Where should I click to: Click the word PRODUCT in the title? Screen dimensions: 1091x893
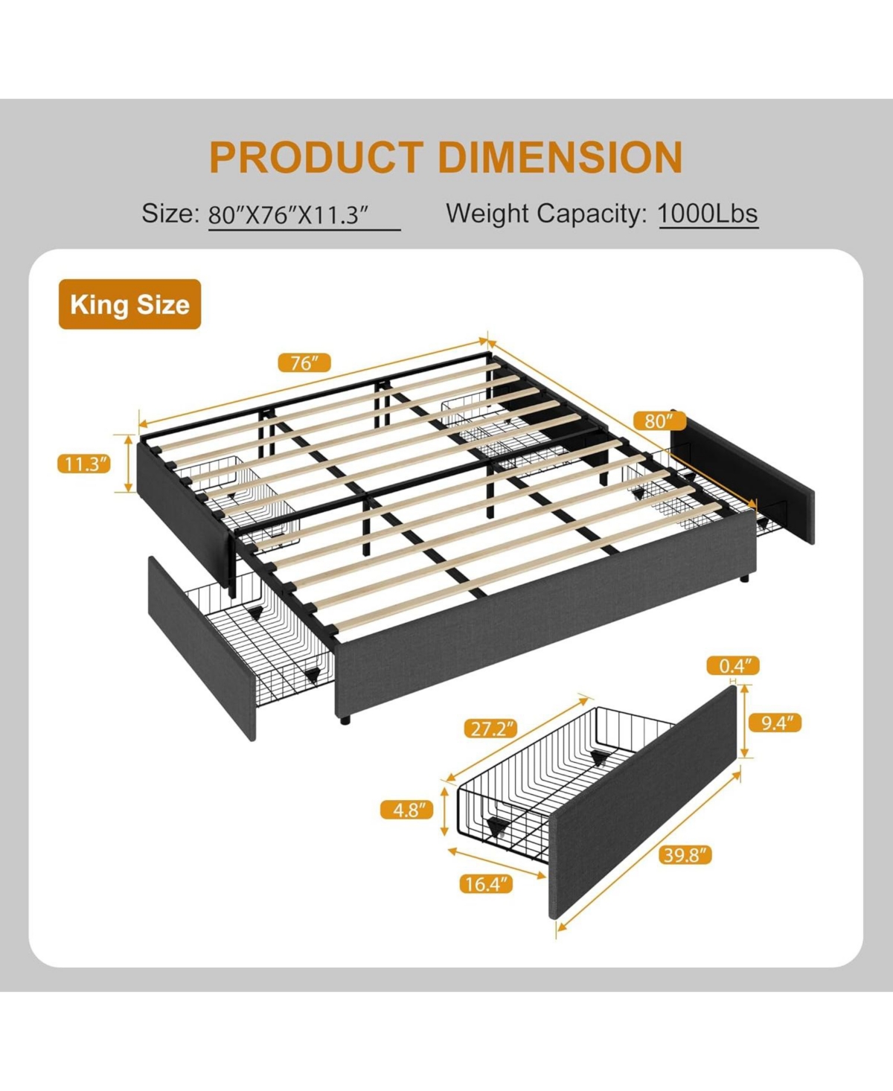pos(316,157)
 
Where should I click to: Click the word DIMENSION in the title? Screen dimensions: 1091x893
pos(560,157)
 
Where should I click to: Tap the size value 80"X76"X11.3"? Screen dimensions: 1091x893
pos(289,216)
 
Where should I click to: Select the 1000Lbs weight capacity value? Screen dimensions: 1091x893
pos(708,214)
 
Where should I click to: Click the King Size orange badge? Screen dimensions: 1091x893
pos(130,304)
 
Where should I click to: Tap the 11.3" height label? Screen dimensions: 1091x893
pos(84,464)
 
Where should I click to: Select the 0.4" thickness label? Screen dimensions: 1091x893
pos(734,665)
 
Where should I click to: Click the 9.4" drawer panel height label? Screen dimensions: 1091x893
pos(776,722)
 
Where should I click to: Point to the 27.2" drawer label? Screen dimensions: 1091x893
pos(490,729)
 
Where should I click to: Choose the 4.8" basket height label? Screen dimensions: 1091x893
pos(407,810)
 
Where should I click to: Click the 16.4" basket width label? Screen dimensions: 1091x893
pos(486,884)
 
